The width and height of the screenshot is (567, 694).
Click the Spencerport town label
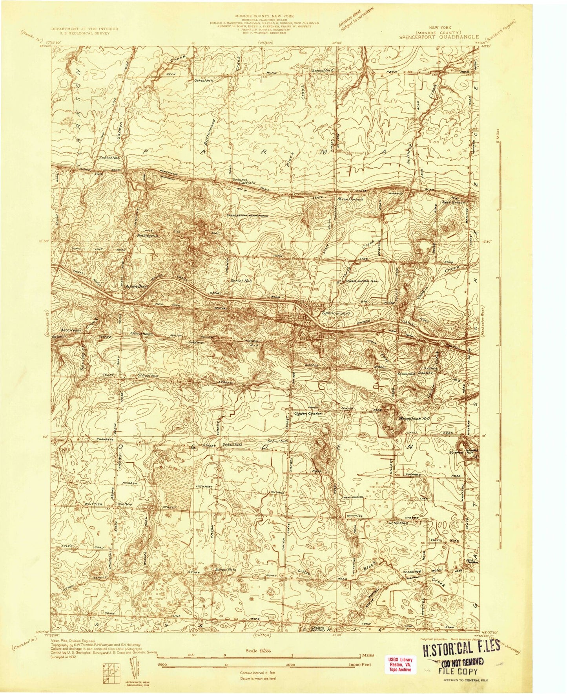[335, 314]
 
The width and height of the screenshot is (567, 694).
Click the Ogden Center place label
[308, 414]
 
